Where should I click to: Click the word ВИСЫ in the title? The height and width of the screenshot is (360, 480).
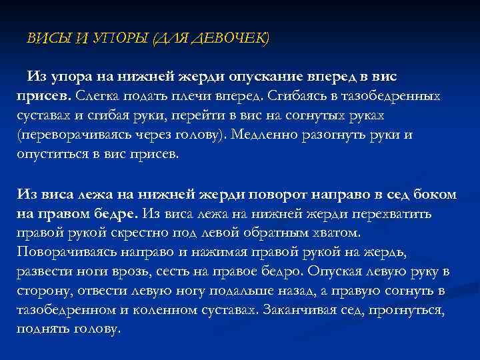[x=45, y=39]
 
